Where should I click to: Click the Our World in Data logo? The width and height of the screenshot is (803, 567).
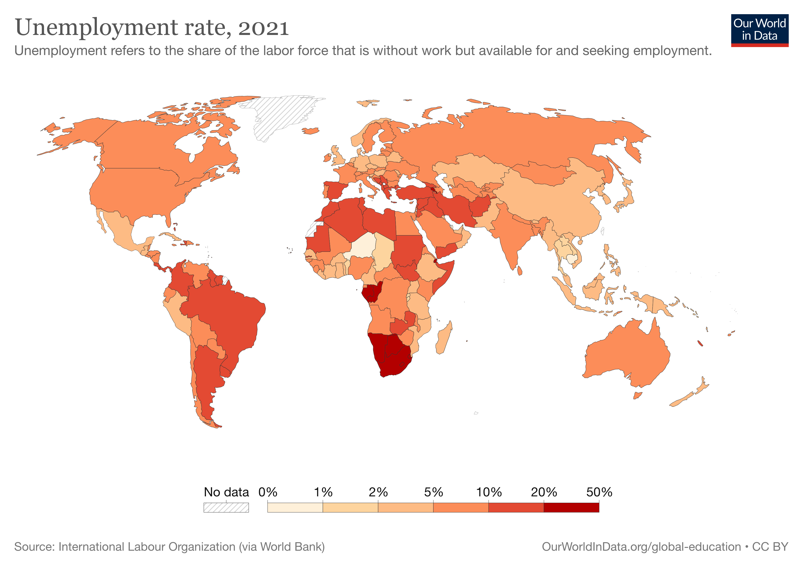click(x=759, y=30)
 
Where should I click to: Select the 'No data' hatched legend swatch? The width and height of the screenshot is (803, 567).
click(x=226, y=507)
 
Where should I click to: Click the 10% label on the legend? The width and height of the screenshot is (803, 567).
click(x=489, y=492)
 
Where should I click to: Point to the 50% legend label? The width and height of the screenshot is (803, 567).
click(x=599, y=492)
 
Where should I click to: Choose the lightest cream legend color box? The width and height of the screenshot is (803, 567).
click(x=295, y=507)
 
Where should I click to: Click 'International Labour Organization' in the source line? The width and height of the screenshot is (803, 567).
click(x=147, y=547)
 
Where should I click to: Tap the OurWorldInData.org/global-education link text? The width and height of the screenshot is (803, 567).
click(x=641, y=547)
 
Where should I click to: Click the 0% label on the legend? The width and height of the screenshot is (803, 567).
click(x=268, y=492)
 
